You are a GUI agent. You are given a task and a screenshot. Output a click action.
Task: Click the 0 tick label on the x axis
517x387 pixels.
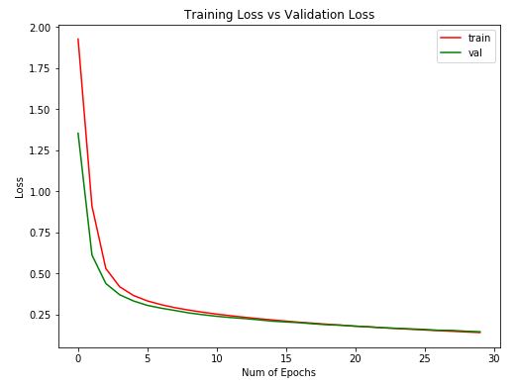coord(78,356)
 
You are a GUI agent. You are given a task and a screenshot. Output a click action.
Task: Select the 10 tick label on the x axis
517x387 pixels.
coord(217,356)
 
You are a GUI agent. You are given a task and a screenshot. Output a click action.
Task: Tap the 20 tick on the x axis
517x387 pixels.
coord(355,356)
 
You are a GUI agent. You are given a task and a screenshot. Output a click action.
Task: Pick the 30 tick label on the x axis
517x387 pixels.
coord(493,356)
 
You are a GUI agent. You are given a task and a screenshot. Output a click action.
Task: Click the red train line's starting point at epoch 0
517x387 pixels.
coord(78,40)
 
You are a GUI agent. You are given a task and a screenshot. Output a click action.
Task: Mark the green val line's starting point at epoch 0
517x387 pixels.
coord(78,134)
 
